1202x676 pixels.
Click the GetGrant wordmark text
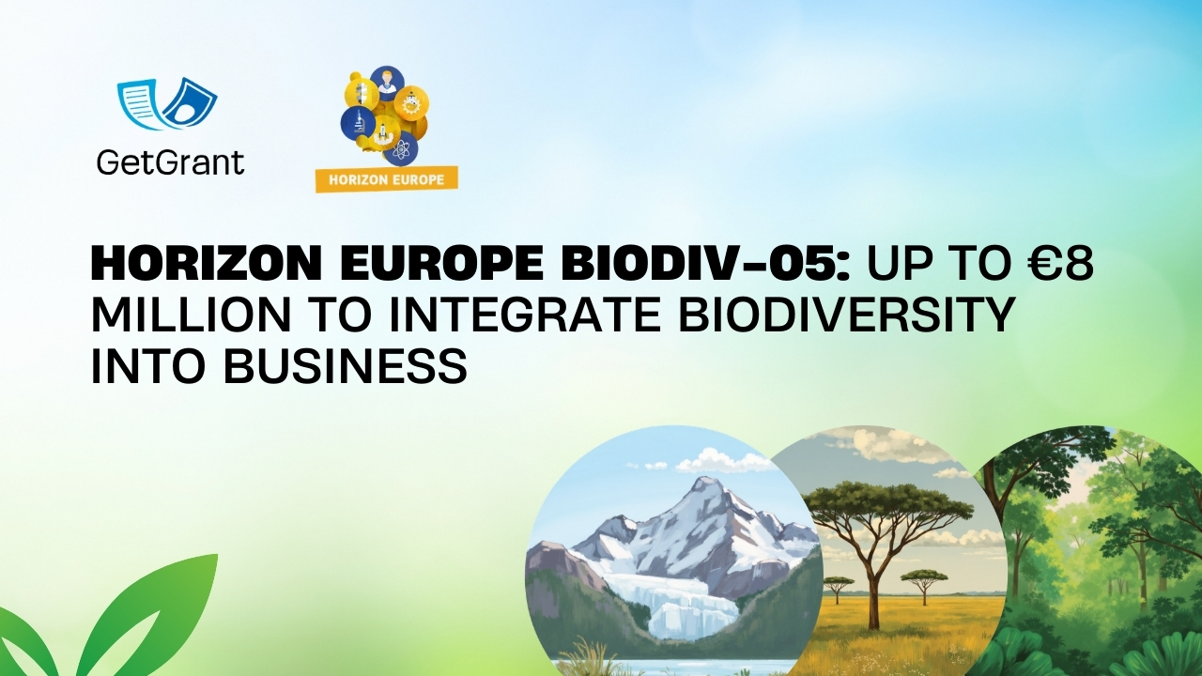click(170, 161)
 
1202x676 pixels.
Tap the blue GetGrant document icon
click(167, 104)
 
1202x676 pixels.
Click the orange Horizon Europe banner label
click(386, 178)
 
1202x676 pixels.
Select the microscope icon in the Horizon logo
click(358, 122)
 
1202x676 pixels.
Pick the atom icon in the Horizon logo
click(401, 148)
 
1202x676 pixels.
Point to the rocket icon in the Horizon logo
click(380, 133)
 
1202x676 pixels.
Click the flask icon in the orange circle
click(411, 103)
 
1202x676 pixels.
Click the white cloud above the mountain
click(718, 461)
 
